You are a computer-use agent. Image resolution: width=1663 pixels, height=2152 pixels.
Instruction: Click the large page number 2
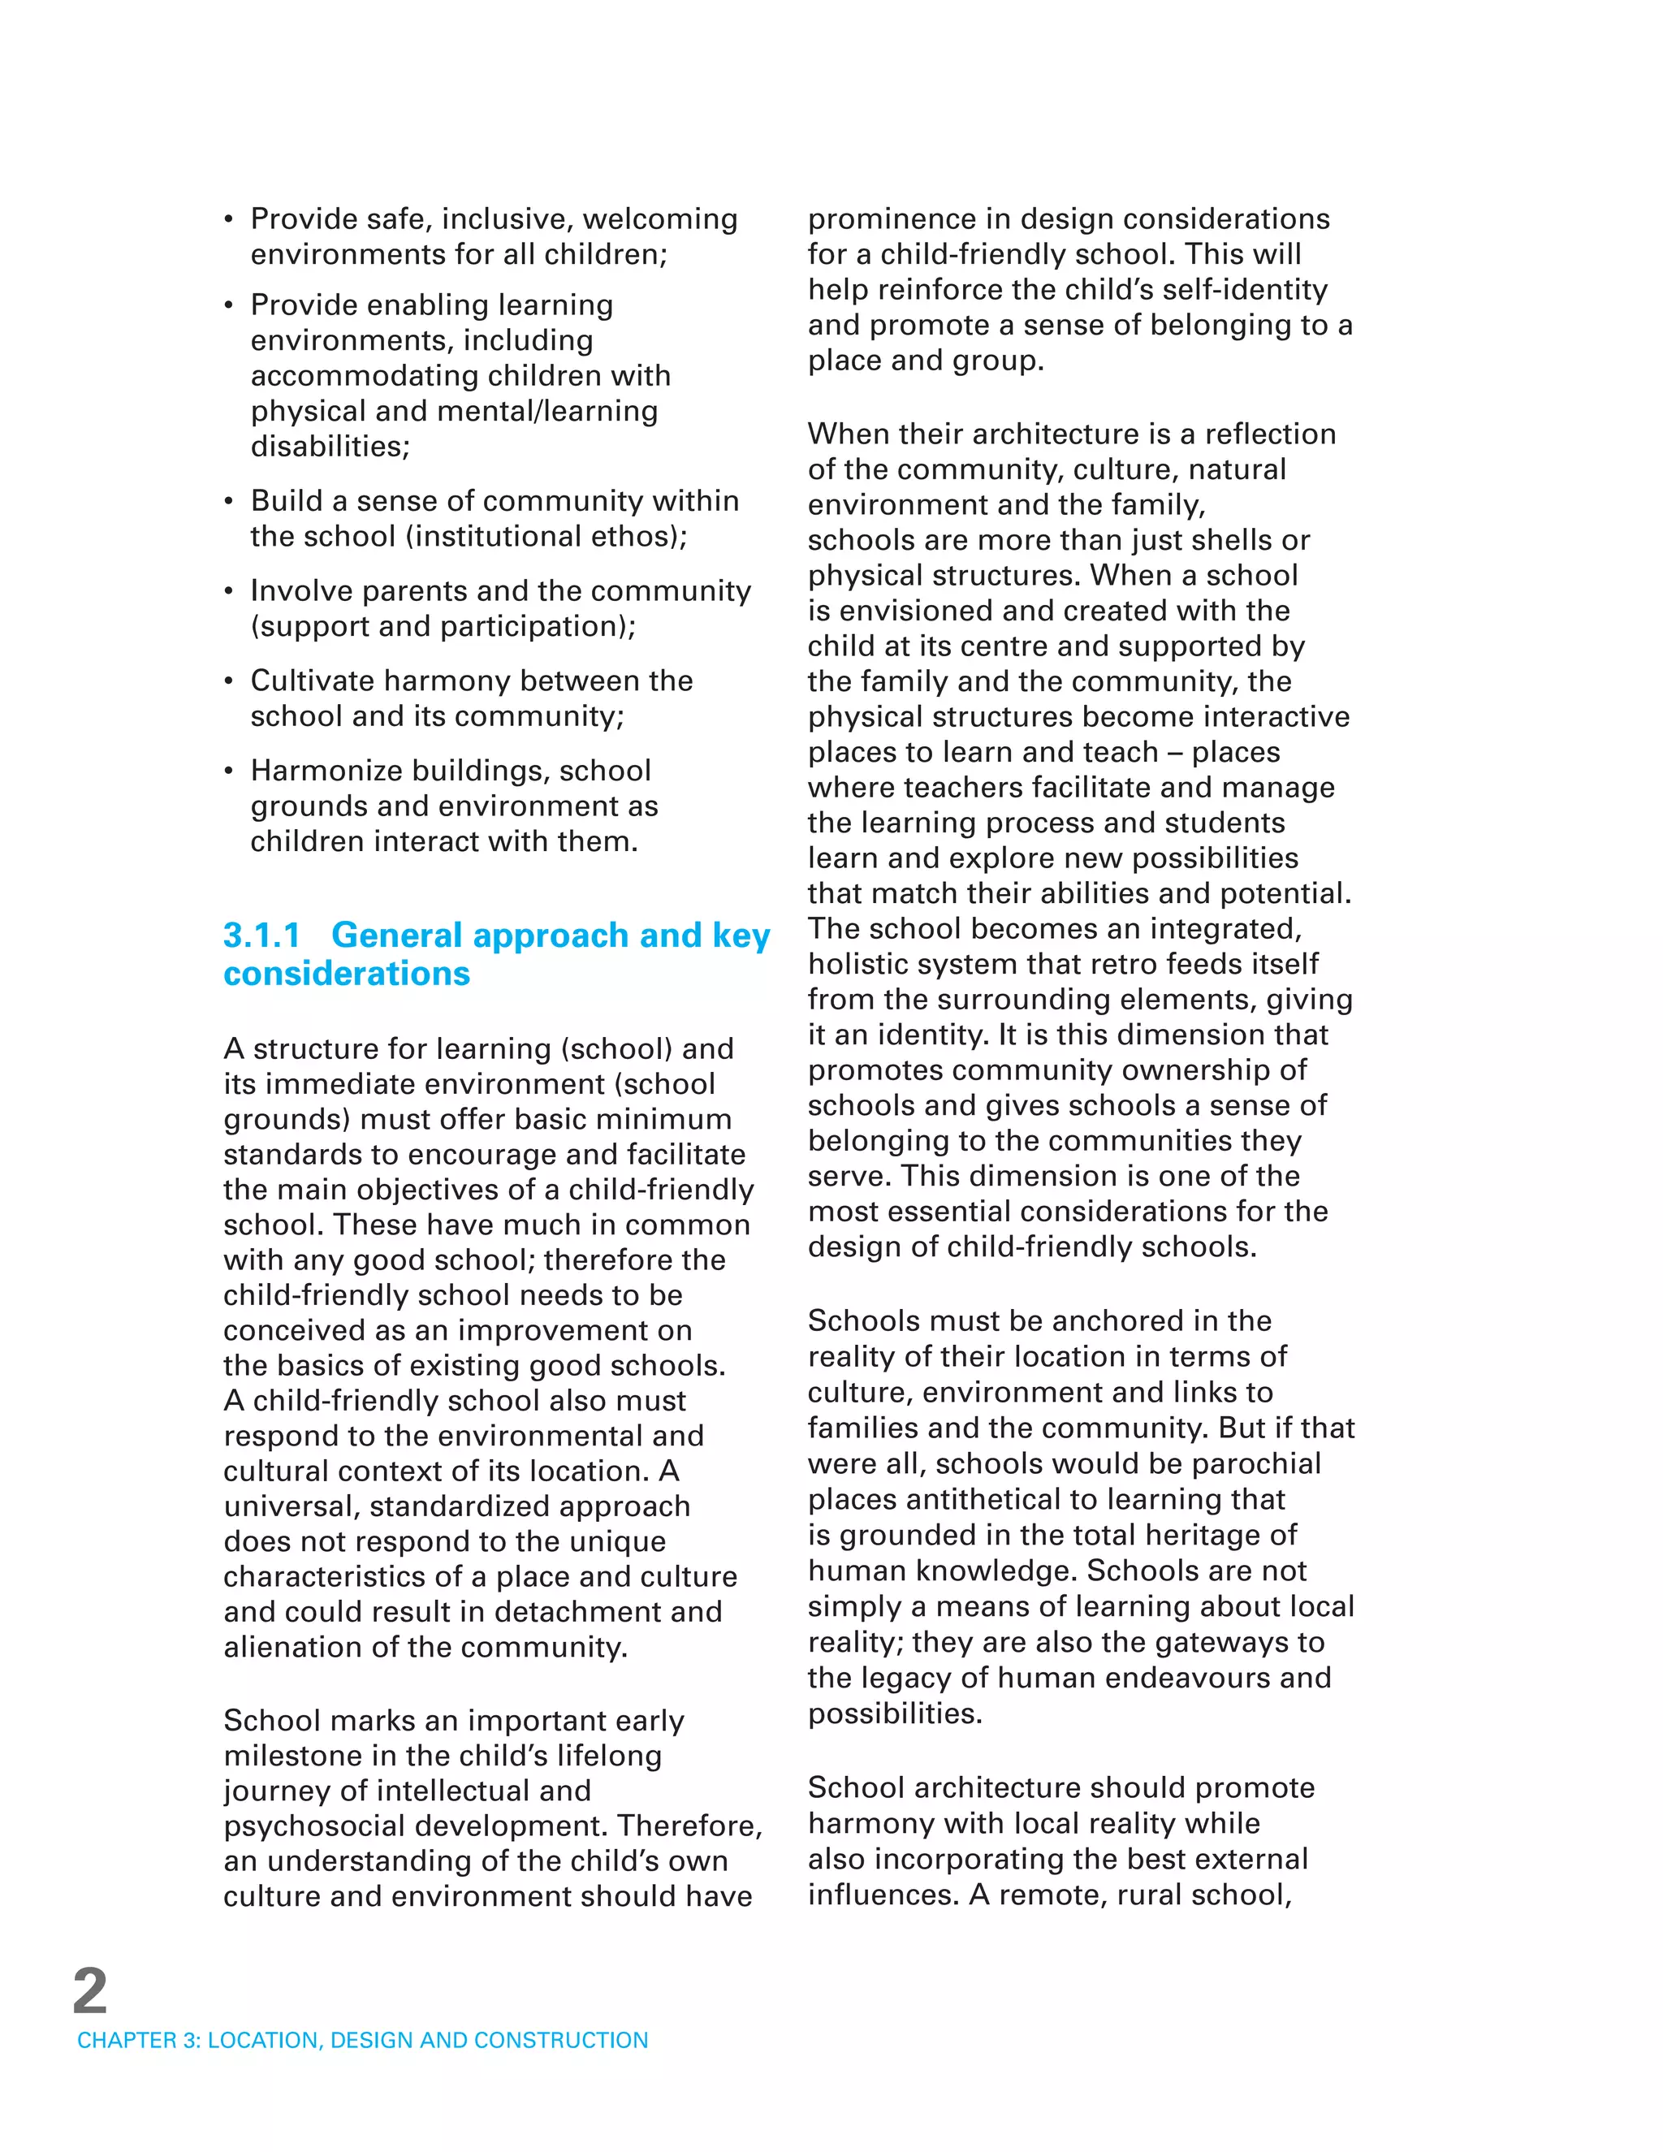89,1991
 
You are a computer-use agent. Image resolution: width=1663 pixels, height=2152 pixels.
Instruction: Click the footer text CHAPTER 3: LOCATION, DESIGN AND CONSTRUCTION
362,2040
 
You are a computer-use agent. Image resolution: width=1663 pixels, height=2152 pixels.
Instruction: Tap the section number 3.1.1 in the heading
261,935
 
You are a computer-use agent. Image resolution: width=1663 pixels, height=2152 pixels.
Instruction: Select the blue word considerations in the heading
347,974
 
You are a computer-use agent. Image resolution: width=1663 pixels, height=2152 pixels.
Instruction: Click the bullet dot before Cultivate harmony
228,683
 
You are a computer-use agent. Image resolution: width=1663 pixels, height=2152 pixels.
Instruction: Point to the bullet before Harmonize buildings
228,772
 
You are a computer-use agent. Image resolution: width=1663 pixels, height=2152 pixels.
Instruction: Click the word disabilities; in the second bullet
330,447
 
